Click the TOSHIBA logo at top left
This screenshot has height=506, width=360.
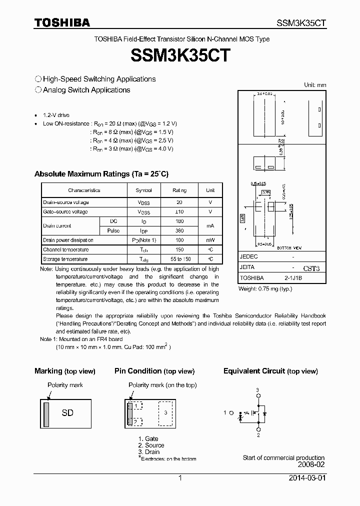click(62, 22)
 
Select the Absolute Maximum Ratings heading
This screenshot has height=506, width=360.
click(101, 174)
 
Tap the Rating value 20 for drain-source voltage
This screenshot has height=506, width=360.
click(179, 202)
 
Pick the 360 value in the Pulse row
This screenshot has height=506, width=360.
click(179, 230)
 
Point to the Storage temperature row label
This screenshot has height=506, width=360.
click(65, 259)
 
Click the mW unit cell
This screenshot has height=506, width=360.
click(210, 240)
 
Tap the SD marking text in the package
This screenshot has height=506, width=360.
click(67, 412)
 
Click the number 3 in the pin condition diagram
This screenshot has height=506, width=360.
click(165, 412)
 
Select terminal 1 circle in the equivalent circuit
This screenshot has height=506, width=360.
click(231, 412)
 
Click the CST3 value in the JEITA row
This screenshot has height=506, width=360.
click(310, 268)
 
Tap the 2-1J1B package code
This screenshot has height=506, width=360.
click(293, 277)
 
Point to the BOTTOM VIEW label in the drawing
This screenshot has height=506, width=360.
click(290, 248)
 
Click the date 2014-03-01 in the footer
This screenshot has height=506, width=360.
click(307, 478)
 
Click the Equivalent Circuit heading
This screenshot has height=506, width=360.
click(270, 371)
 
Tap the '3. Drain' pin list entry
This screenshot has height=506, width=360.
click(149, 452)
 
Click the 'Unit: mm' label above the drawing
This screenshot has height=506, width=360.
click(315, 85)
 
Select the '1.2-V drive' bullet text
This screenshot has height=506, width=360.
click(56, 115)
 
